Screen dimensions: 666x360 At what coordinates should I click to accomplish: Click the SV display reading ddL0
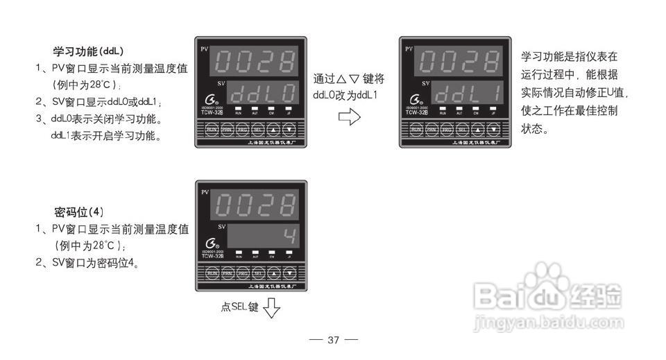click(x=263, y=94)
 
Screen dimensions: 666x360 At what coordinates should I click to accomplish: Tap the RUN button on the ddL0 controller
click(x=212, y=129)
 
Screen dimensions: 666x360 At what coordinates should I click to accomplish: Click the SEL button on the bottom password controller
click(x=257, y=273)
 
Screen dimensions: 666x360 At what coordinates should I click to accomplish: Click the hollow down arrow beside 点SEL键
click(x=271, y=307)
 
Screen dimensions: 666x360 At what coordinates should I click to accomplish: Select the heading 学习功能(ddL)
click(x=88, y=52)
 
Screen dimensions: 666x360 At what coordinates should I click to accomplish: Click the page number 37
click(x=333, y=340)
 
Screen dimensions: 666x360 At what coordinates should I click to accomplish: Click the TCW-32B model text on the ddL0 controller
click(x=212, y=114)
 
